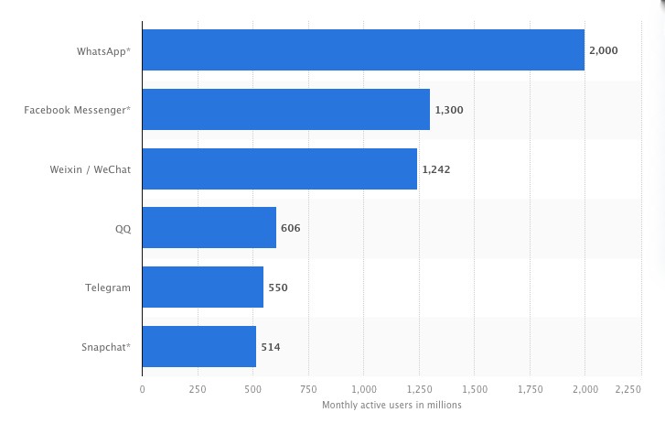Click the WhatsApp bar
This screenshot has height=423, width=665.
pyautogui.click(x=363, y=50)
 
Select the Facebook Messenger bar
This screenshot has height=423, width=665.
pyautogui.click(x=286, y=110)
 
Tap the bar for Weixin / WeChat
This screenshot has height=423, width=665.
pyautogui.click(x=280, y=169)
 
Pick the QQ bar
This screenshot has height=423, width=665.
pyautogui.click(x=209, y=228)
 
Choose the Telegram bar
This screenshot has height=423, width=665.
pyautogui.click(x=203, y=287)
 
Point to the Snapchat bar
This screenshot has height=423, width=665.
pyautogui.click(x=199, y=347)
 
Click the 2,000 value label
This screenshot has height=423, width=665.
pyautogui.click(x=604, y=50)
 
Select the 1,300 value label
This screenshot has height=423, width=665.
pyautogui.click(x=449, y=110)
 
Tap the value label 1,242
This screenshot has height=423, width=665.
pyautogui.click(x=436, y=169)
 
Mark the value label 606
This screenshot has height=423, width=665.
pyautogui.click(x=291, y=228)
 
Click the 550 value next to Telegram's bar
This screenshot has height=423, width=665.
pyautogui.click(x=278, y=287)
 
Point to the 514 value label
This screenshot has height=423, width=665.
pyautogui.click(x=271, y=347)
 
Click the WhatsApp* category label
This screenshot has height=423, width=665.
pyautogui.click(x=103, y=51)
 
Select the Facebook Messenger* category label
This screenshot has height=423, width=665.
pyautogui.click(x=78, y=110)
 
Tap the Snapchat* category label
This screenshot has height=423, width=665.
pyautogui.click(x=106, y=347)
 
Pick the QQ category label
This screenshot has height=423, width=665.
pyautogui.click(x=123, y=228)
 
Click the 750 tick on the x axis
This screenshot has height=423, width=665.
pyautogui.click(x=308, y=389)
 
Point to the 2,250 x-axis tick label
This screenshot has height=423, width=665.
pyautogui.click(x=628, y=389)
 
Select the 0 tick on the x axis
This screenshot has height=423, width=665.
pyautogui.click(x=142, y=389)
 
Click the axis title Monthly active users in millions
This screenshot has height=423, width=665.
pyautogui.click(x=391, y=404)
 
